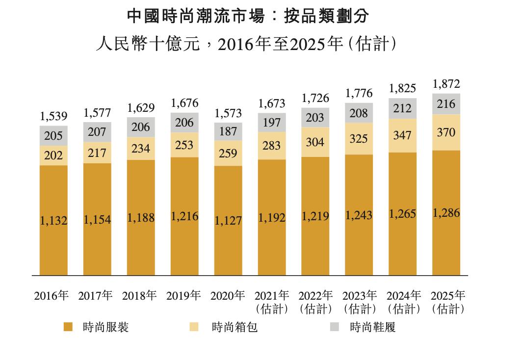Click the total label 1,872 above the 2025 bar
(446, 84)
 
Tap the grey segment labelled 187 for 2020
(228, 131)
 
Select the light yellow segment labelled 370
(446, 132)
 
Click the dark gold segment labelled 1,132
(54, 221)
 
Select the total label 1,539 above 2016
(54, 117)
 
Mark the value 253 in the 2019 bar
(184, 145)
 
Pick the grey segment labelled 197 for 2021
(272, 123)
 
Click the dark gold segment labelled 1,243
(359, 215)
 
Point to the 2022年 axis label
(315, 296)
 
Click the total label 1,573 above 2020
(228, 113)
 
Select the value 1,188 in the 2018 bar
(141, 218)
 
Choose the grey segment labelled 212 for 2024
(402, 108)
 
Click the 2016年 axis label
(51, 296)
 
